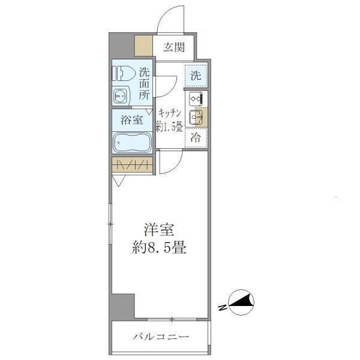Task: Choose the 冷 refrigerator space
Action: (x=196, y=137)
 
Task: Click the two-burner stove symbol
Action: (x=196, y=99)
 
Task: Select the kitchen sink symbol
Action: (x=196, y=118)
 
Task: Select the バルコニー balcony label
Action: (x=160, y=337)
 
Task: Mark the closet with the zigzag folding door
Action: (x=132, y=165)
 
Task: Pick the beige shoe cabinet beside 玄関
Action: (x=143, y=46)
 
